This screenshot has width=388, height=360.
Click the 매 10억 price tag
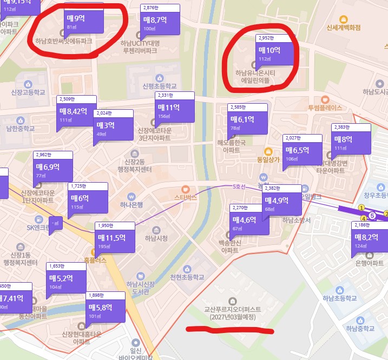pos(274,54)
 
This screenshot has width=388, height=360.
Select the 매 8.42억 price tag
pos(76,114)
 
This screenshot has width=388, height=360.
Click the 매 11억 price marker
pos(174,110)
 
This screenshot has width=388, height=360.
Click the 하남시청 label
pos(157,238)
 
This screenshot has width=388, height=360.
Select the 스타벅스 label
pos(185,198)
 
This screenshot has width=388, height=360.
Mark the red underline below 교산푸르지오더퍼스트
pos(229,328)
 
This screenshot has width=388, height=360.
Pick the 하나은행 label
pos(131,205)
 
